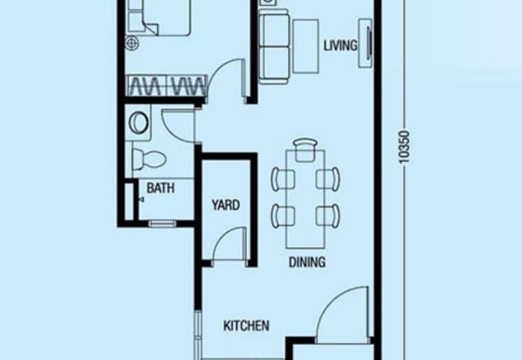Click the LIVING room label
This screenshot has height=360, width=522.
[341, 45]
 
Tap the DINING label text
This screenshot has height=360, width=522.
[307, 262]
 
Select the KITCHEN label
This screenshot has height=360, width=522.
[246, 325]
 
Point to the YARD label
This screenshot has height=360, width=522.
[226, 205]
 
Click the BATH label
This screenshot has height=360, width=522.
[161, 188]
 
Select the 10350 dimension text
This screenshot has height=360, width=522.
[404, 147]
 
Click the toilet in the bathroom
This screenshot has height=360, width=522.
[149, 158]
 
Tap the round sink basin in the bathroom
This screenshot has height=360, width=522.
[138, 123]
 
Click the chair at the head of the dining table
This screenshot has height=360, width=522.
[305, 150]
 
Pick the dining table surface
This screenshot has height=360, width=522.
[305, 199]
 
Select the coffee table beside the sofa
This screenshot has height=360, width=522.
[305, 46]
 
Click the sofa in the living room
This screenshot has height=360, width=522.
[274, 46]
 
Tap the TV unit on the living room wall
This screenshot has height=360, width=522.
[365, 43]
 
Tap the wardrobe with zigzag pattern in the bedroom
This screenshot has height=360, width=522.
[166, 86]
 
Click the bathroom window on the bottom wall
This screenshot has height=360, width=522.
[162, 224]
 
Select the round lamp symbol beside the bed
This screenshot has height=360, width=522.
[132, 43]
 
